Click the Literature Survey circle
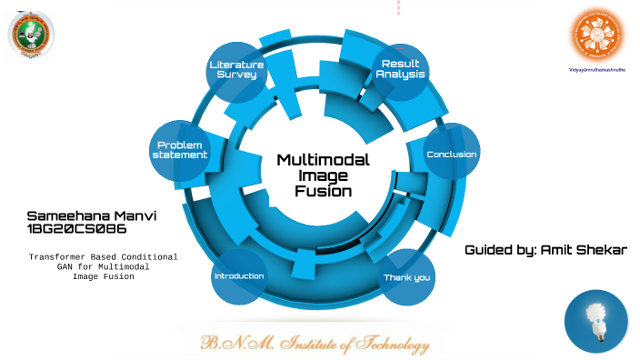pos(236,70)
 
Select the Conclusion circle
pos(452,154)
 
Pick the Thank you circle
pos(406,276)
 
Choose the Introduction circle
pos(238,275)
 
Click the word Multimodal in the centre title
pos(323,160)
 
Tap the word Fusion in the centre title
pos(323,192)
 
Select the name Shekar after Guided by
pos(602,249)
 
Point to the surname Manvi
pos(135,215)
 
